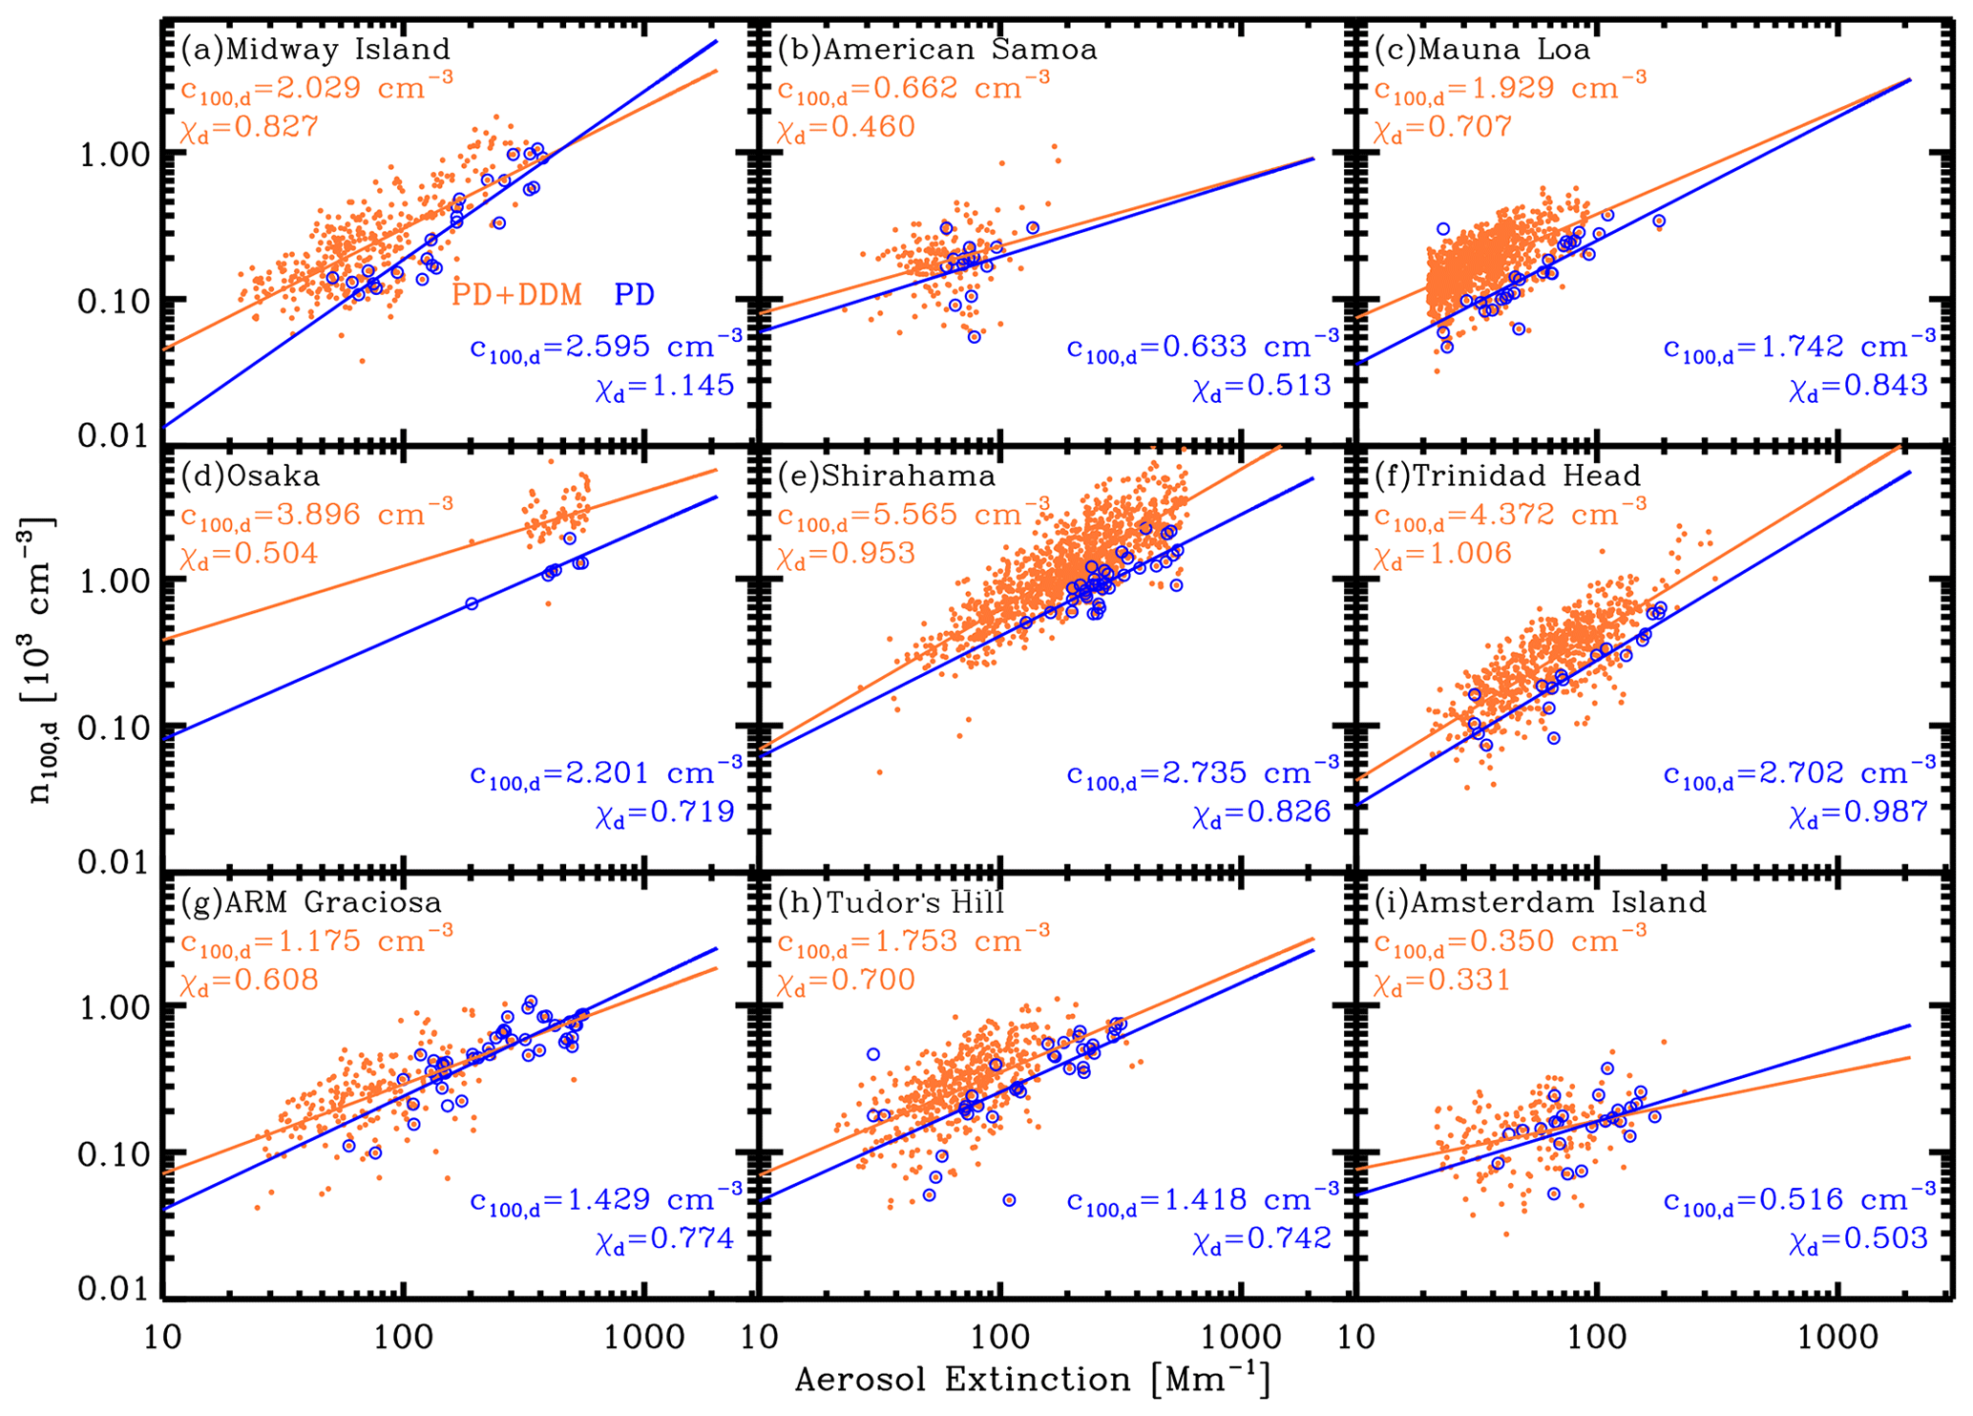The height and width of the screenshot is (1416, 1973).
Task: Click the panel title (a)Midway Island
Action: (315, 49)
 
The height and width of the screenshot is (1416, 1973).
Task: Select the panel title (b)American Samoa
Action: (937, 49)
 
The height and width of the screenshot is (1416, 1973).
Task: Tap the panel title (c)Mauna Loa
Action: (1482, 49)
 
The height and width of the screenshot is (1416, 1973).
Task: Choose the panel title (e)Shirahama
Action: (887, 476)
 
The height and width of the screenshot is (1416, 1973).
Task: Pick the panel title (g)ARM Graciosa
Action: (311, 902)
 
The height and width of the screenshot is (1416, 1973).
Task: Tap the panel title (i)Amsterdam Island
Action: (1540, 902)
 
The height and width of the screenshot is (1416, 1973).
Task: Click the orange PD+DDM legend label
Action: (516, 295)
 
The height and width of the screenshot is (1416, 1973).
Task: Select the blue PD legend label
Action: (634, 295)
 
